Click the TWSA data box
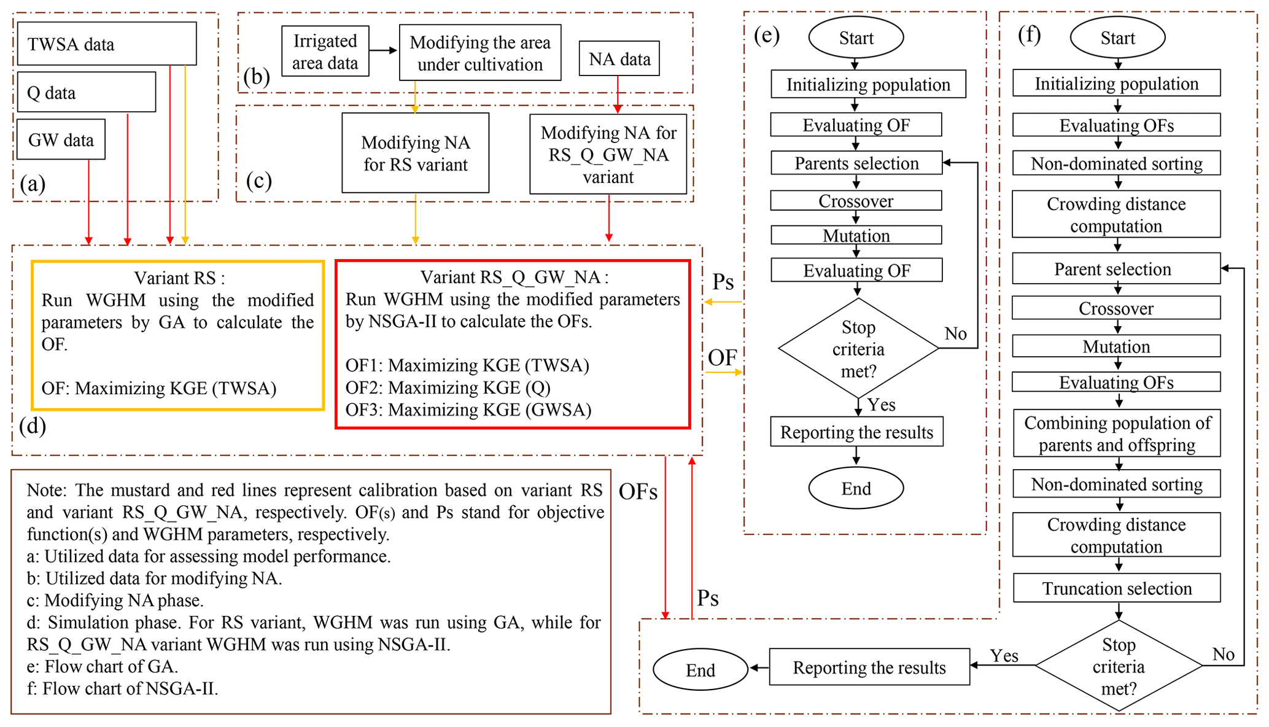tap(107, 44)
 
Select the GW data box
tap(61, 140)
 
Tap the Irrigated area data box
tap(325, 52)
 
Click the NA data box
tap(619, 59)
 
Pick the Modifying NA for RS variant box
tap(415, 153)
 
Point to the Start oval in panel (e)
tap(856, 38)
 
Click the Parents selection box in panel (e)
tap(856, 163)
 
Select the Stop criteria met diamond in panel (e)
tap(858, 349)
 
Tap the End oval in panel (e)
tap(856, 488)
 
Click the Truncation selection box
tap(1116, 588)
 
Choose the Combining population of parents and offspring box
tap(1116, 433)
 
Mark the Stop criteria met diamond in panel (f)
tap(1118, 666)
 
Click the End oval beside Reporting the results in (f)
tap(700, 670)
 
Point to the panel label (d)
tap(33, 426)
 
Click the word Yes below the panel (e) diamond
tap(882, 405)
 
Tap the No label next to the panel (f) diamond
tap(1222, 655)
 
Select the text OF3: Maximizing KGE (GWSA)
tap(468, 410)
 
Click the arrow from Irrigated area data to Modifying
tap(384, 50)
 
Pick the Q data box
tap(86, 92)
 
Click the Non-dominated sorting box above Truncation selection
tap(1116, 484)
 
